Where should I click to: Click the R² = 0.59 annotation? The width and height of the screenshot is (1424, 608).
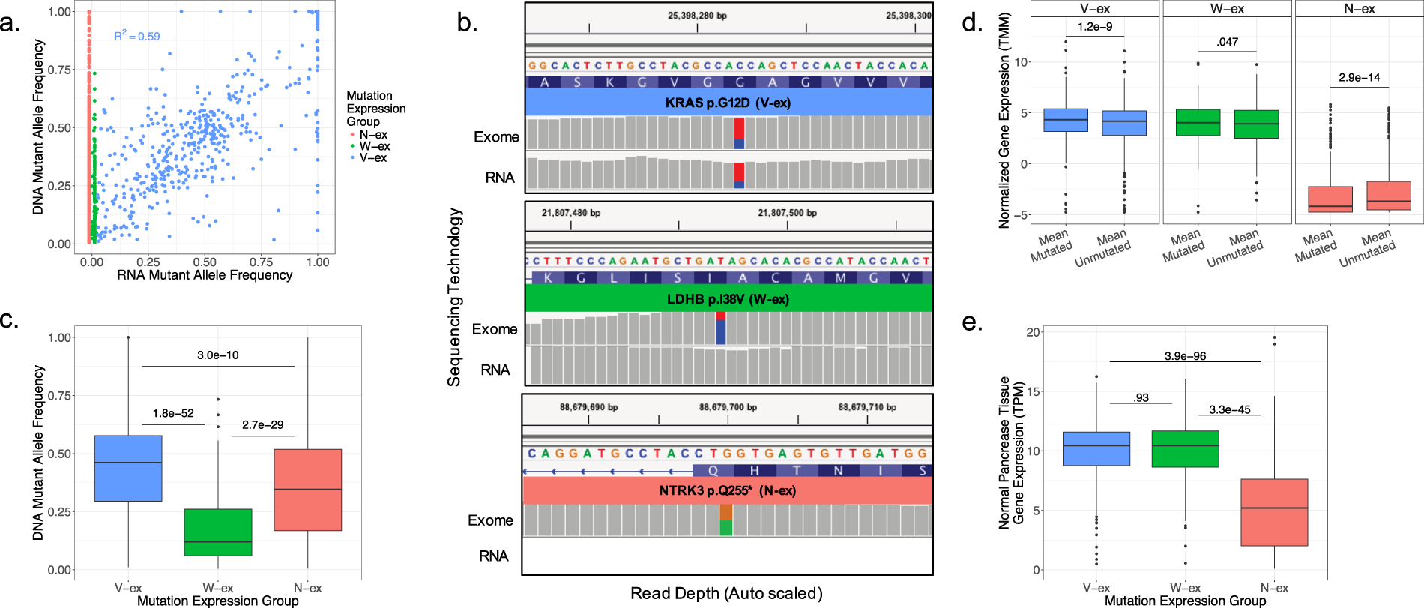pos(137,36)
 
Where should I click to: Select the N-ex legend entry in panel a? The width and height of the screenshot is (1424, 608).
pos(372,135)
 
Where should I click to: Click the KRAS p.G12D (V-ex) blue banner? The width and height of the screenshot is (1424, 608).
pos(728,103)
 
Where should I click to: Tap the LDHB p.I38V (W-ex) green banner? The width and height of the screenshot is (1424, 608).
pos(728,299)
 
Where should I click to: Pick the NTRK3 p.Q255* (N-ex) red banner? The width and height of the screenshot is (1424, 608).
pos(727,490)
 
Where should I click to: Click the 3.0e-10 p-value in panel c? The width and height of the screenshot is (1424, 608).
pos(217,355)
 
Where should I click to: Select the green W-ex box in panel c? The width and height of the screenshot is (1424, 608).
pos(218,532)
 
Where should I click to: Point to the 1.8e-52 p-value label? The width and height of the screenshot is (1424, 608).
pos(173,413)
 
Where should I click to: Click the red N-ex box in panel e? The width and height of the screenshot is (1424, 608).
pos(1274,512)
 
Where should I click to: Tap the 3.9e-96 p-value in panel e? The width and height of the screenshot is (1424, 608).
pos(1185,356)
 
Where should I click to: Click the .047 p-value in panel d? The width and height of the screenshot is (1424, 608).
pos(1227,42)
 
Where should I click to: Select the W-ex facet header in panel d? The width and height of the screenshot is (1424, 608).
pos(1227,9)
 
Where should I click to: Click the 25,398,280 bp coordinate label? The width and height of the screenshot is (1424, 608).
pos(697,16)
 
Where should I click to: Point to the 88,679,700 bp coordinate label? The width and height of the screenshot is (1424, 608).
pos(728,407)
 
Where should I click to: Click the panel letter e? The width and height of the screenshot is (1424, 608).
pos(971,322)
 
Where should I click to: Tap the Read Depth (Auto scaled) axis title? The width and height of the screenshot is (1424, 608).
pos(726,593)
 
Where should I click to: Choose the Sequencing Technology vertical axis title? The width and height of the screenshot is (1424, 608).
pos(454,297)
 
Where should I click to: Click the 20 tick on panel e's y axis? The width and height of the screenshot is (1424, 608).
pos(1034,332)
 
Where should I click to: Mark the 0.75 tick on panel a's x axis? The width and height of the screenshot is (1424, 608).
pos(261,262)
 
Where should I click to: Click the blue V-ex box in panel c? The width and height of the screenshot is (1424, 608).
pos(128,468)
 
